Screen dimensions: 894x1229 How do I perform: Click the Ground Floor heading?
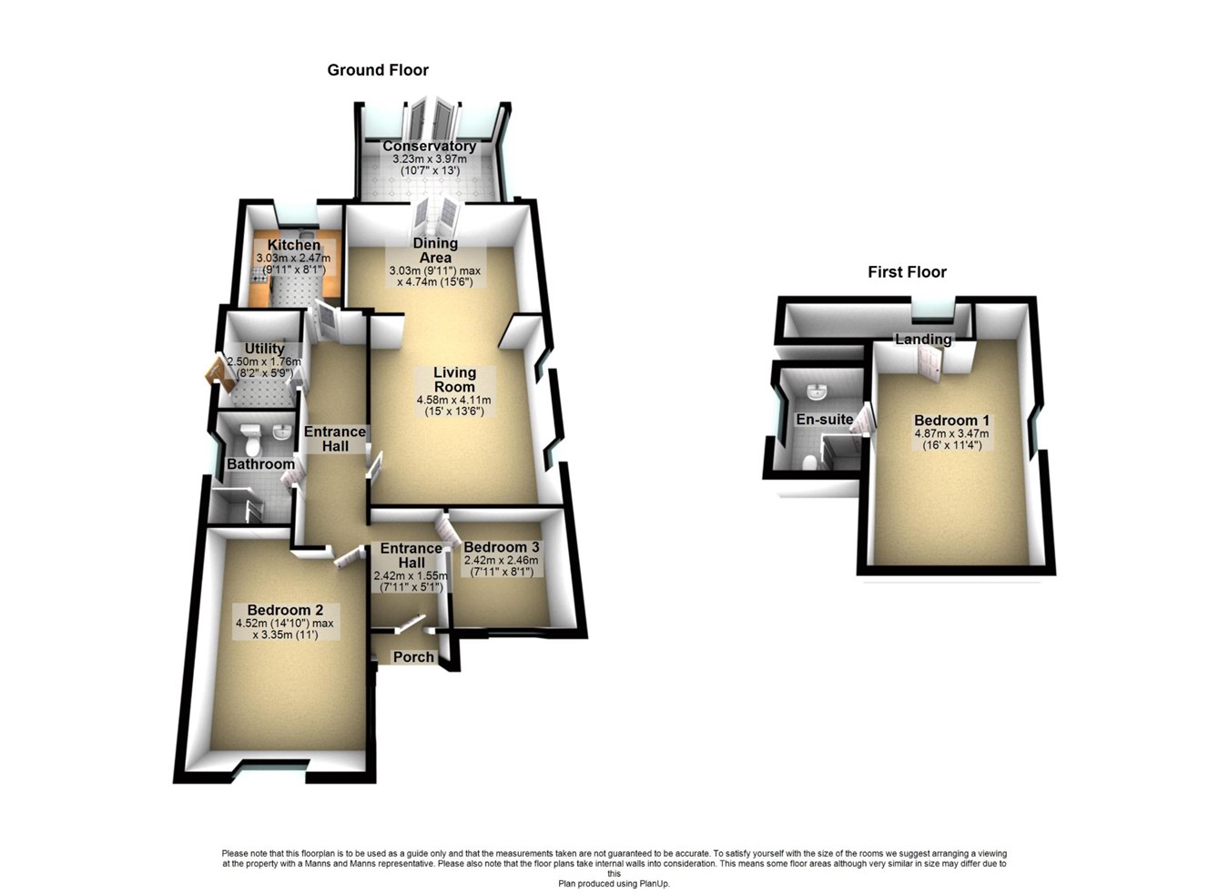tap(378, 70)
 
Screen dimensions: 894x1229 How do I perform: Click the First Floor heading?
tap(907, 272)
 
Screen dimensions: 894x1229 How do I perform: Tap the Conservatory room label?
tap(429, 147)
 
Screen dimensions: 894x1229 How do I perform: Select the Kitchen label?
tap(293, 246)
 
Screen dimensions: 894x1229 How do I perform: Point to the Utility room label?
tap(264, 349)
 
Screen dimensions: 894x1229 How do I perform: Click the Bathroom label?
tap(260, 464)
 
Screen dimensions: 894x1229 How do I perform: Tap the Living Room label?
tap(454, 380)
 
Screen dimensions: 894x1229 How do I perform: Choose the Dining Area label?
tap(435, 250)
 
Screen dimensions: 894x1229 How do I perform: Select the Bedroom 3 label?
tap(502, 547)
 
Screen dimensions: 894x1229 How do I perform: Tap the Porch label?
tap(413, 657)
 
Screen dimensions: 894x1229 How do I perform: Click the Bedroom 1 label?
tap(951, 421)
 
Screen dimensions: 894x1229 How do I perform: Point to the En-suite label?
tap(825, 420)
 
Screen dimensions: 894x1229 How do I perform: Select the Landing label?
tap(923, 340)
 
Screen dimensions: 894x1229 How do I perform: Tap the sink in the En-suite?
tap(818, 393)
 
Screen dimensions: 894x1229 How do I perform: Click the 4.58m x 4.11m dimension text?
tap(453, 400)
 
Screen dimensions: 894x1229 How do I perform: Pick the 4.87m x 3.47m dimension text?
tap(951, 434)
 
